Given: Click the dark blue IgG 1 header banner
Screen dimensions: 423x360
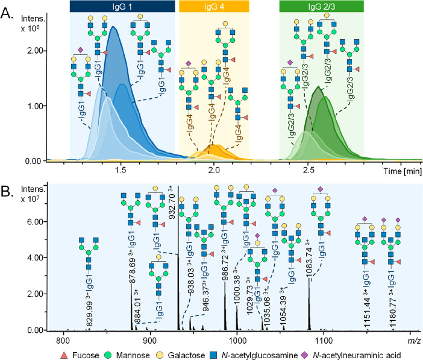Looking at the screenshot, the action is tap(122, 7).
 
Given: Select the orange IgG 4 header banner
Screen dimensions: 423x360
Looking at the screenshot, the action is tap(214, 7).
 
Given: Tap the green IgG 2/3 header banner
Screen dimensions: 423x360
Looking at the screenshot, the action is tap(322, 7).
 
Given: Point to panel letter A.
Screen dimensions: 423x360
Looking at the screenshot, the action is tap(7, 13).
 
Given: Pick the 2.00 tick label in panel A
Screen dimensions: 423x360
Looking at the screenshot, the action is tap(35, 51).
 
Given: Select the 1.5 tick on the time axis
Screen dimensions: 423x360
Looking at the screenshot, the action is tap(121, 171).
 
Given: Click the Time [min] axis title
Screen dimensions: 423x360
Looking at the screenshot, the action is tap(403, 171).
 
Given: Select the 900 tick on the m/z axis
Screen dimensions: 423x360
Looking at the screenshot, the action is tap(149, 341).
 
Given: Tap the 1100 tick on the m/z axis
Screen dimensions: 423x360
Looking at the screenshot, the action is tap(323, 341).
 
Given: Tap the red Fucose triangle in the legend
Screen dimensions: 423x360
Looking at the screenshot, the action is tap(64, 355).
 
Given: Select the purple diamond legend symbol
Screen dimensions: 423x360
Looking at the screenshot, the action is tap(305, 355).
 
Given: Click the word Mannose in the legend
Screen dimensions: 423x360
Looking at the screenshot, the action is tap(133, 355).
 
